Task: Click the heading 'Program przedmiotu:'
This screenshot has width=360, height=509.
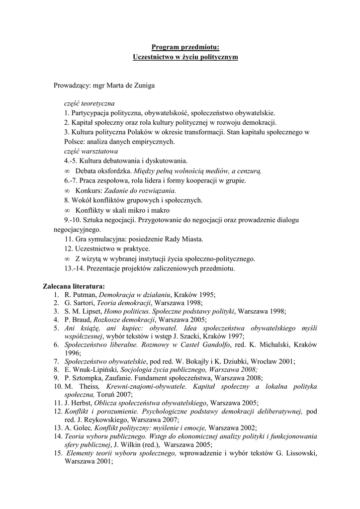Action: click(185, 47)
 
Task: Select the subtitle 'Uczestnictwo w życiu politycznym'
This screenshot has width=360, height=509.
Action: click(185, 57)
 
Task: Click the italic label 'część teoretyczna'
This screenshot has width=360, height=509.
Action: click(89, 104)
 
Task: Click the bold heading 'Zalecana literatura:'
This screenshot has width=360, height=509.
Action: click(74, 287)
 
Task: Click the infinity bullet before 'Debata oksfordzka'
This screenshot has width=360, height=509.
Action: click(67, 171)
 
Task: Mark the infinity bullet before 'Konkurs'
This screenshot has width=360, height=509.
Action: click(67, 190)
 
